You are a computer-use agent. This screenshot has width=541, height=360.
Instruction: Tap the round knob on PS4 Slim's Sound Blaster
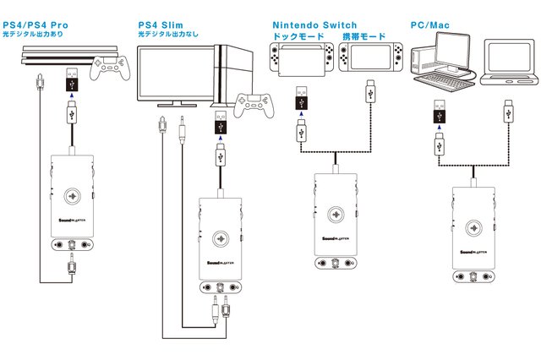pyautogui.click(x=221, y=237)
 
